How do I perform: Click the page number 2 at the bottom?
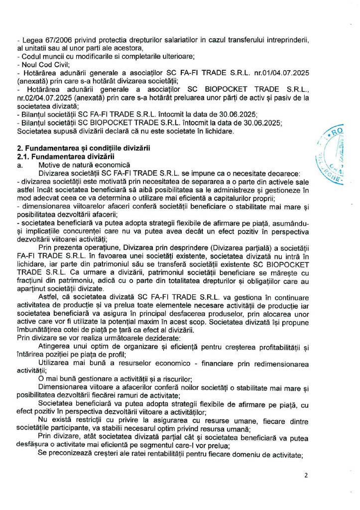[x=306, y=475]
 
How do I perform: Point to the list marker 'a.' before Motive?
[x=20, y=164]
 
